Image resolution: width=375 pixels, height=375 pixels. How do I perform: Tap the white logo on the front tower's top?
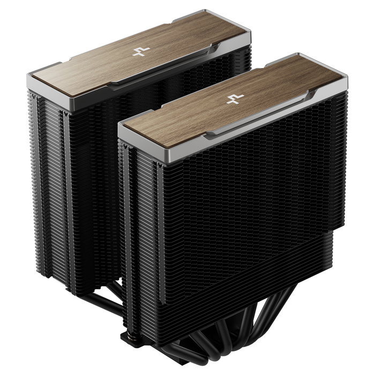(232, 100)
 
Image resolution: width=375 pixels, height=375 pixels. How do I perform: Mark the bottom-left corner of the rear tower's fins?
(70, 289)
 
